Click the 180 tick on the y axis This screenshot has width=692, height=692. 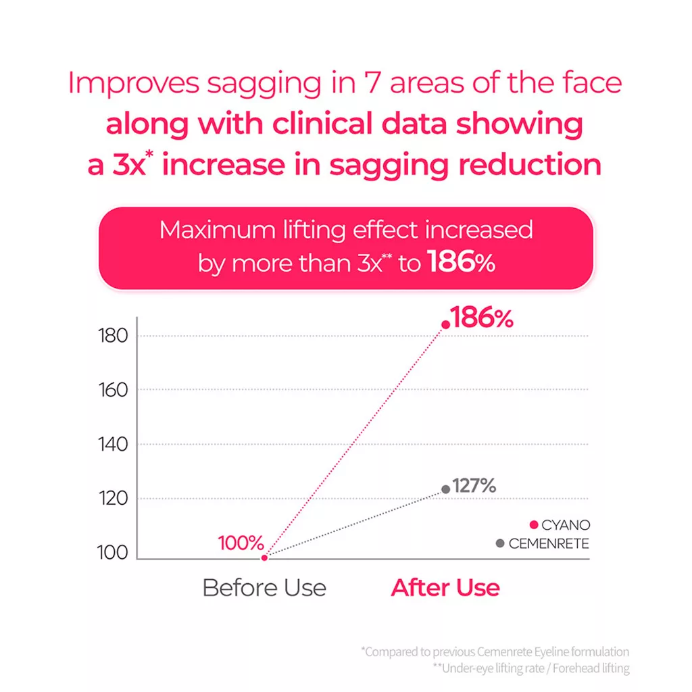coord(113,336)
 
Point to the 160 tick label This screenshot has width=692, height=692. coord(113,390)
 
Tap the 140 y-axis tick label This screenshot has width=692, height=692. coord(113,445)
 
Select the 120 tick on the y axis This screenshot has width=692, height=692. coord(113,499)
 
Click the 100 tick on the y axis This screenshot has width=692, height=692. coord(113,553)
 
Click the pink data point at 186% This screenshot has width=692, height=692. coord(446,325)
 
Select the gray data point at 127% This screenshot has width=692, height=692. coord(446,489)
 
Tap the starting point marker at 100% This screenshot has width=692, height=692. coord(264,558)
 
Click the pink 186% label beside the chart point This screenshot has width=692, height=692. coord(482,318)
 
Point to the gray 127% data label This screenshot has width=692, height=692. coord(474,485)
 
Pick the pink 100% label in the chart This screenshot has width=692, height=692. coord(241,543)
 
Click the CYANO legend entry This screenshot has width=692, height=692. coord(560,524)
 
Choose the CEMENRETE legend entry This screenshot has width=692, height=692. coord(543,543)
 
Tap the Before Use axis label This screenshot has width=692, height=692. coord(264,588)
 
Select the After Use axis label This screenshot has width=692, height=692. coord(445,588)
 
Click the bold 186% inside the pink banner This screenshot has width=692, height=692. coord(462,262)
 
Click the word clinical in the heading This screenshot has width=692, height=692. coord(322,124)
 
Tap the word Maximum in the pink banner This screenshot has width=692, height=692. coord(218,230)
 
